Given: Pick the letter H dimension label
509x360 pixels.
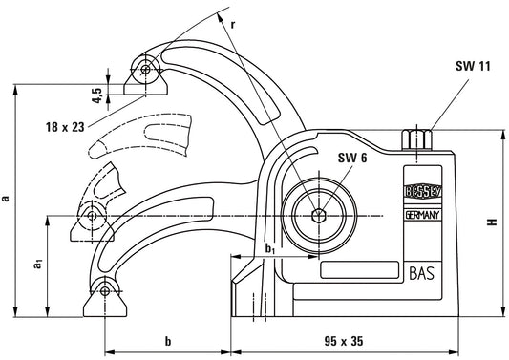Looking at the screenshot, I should pyautogui.click(x=493, y=222).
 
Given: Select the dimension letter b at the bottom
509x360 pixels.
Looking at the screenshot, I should pyautogui.click(x=167, y=340).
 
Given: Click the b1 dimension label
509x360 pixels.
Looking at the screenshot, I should pyautogui.click(x=270, y=250).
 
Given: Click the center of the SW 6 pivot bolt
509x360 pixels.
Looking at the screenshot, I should pyautogui.click(x=317, y=215).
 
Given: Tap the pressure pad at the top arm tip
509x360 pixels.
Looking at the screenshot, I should pyautogui.click(x=143, y=74).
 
